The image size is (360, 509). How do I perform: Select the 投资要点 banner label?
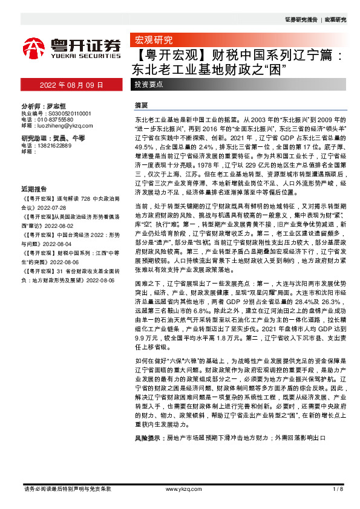click(x=149, y=83)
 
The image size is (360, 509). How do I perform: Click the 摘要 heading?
click(x=141, y=105)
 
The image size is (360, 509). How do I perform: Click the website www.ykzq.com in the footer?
click(x=179, y=489)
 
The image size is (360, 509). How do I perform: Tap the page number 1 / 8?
click(x=338, y=489)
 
